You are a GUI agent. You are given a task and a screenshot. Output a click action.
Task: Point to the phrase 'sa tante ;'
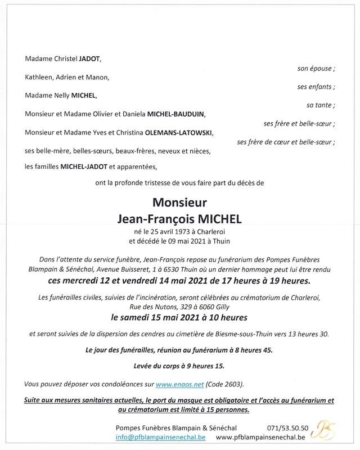[321, 105]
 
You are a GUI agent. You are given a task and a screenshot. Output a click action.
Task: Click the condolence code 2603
[235, 384]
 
